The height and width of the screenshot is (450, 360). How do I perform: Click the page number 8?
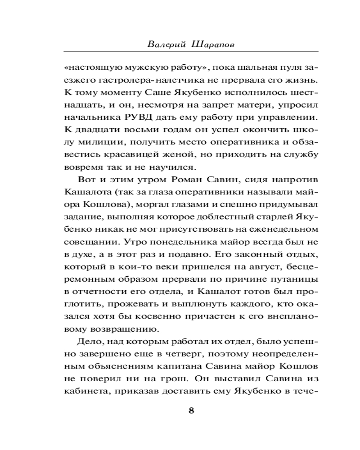[191, 410]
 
